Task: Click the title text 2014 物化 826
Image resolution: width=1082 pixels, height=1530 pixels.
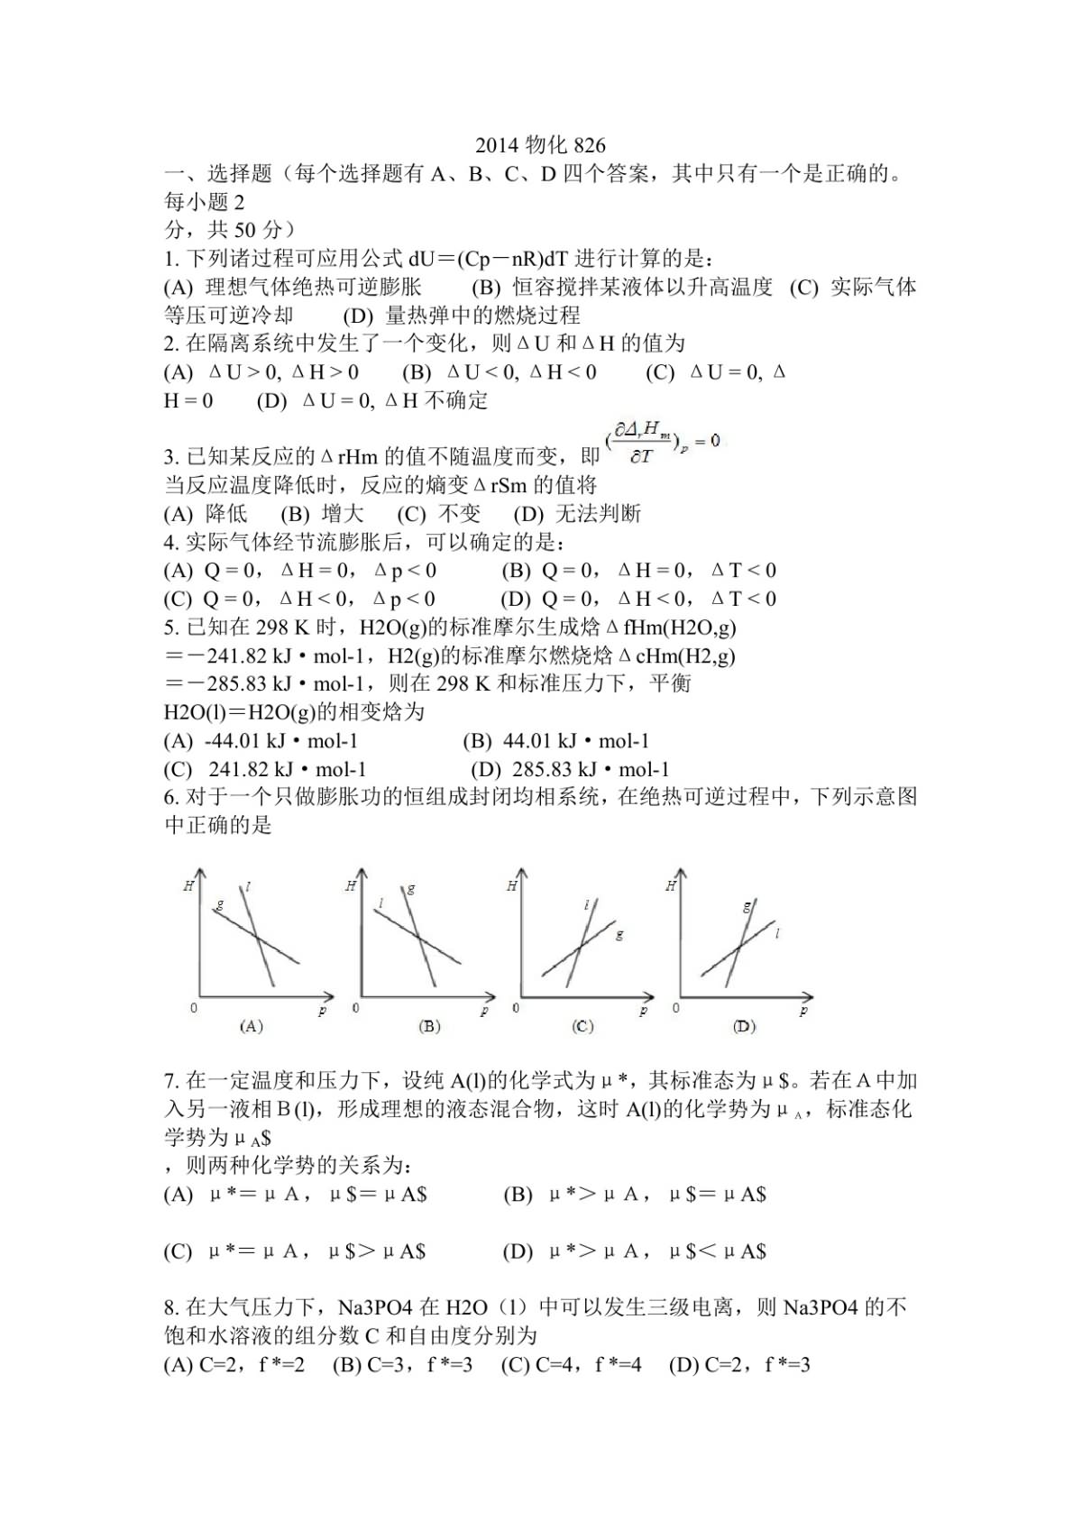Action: [x=540, y=146]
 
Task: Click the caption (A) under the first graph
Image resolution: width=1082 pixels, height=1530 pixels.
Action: [x=251, y=1026]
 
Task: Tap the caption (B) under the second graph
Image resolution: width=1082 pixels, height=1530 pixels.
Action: [x=429, y=1026]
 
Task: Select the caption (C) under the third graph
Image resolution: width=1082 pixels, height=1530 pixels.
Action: [x=583, y=1026]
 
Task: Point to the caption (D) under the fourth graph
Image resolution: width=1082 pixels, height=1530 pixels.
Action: [x=744, y=1026]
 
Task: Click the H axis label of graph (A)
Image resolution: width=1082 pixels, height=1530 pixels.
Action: [x=188, y=886]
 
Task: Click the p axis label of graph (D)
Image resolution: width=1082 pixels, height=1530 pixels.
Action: [x=802, y=1012]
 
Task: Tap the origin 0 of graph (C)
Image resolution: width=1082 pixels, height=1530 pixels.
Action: [x=516, y=1008]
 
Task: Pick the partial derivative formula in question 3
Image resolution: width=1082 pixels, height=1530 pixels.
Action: [x=665, y=443]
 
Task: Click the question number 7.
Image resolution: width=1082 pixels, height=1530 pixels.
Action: [x=171, y=1080]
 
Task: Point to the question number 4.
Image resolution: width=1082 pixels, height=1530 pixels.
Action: [x=171, y=543]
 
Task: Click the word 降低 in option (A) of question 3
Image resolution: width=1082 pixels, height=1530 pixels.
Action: [x=226, y=514]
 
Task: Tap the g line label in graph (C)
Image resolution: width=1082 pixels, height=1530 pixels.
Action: [x=619, y=935]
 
